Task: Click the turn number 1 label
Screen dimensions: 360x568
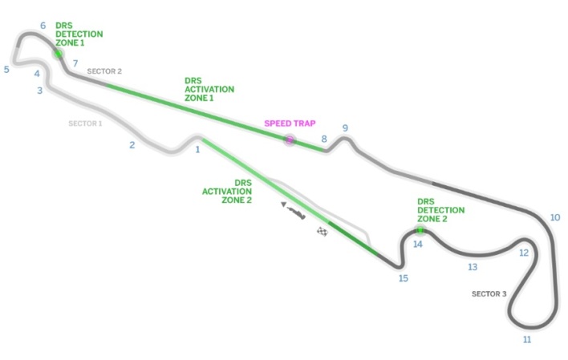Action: [197, 149]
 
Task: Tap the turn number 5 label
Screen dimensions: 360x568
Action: [6, 70]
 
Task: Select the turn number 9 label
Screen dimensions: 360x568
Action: [345, 128]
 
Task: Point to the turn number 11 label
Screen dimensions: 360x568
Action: [527, 340]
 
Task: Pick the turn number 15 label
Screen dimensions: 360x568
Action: [403, 278]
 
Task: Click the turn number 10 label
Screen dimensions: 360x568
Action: [554, 217]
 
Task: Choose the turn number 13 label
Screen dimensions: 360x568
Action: [473, 267]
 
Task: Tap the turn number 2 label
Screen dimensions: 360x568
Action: [132, 145]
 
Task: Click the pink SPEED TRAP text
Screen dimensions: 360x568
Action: [290, 123]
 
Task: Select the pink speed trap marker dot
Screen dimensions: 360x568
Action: [290, 140]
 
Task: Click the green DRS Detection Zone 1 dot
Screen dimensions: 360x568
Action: [59, 54]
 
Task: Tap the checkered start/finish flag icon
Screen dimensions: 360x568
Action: [323, 233]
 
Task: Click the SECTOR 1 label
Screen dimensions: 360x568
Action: [85, 123]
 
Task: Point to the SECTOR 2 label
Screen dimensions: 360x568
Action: [104, 71]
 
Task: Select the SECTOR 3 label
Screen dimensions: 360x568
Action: [489, 294]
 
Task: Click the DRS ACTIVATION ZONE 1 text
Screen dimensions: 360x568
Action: [209, 89]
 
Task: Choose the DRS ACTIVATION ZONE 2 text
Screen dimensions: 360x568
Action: [227, 191]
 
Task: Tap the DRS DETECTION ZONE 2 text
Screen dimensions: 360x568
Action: [440, 210]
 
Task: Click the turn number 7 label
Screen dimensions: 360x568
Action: [75, 63]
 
